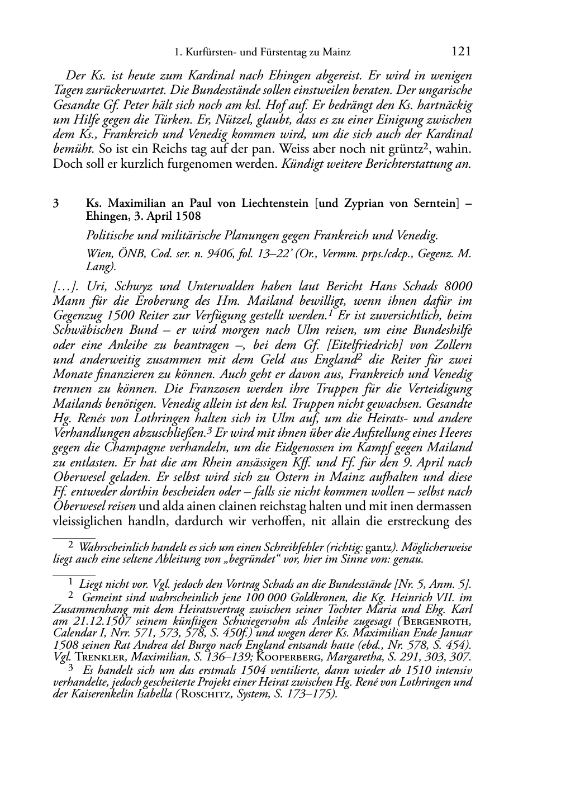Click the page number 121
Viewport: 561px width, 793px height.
click(461, 52)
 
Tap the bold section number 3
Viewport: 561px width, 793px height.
click(56, 204)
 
